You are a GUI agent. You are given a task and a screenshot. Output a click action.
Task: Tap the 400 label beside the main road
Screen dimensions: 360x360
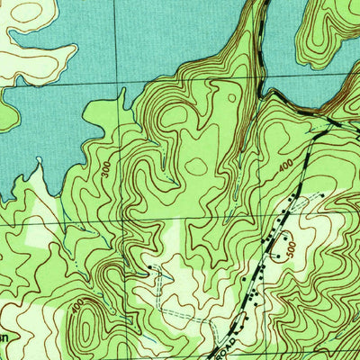pos(285,166)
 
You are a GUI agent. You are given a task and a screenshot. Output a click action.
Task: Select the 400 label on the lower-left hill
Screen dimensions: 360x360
pos(78,306)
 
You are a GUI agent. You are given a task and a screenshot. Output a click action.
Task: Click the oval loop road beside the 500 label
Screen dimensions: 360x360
pos(282,242)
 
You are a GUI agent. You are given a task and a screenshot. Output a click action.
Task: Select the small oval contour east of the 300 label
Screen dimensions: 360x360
pos(195,166)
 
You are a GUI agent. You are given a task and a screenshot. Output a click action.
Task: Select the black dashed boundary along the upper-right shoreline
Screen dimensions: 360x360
pos(297,108)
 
